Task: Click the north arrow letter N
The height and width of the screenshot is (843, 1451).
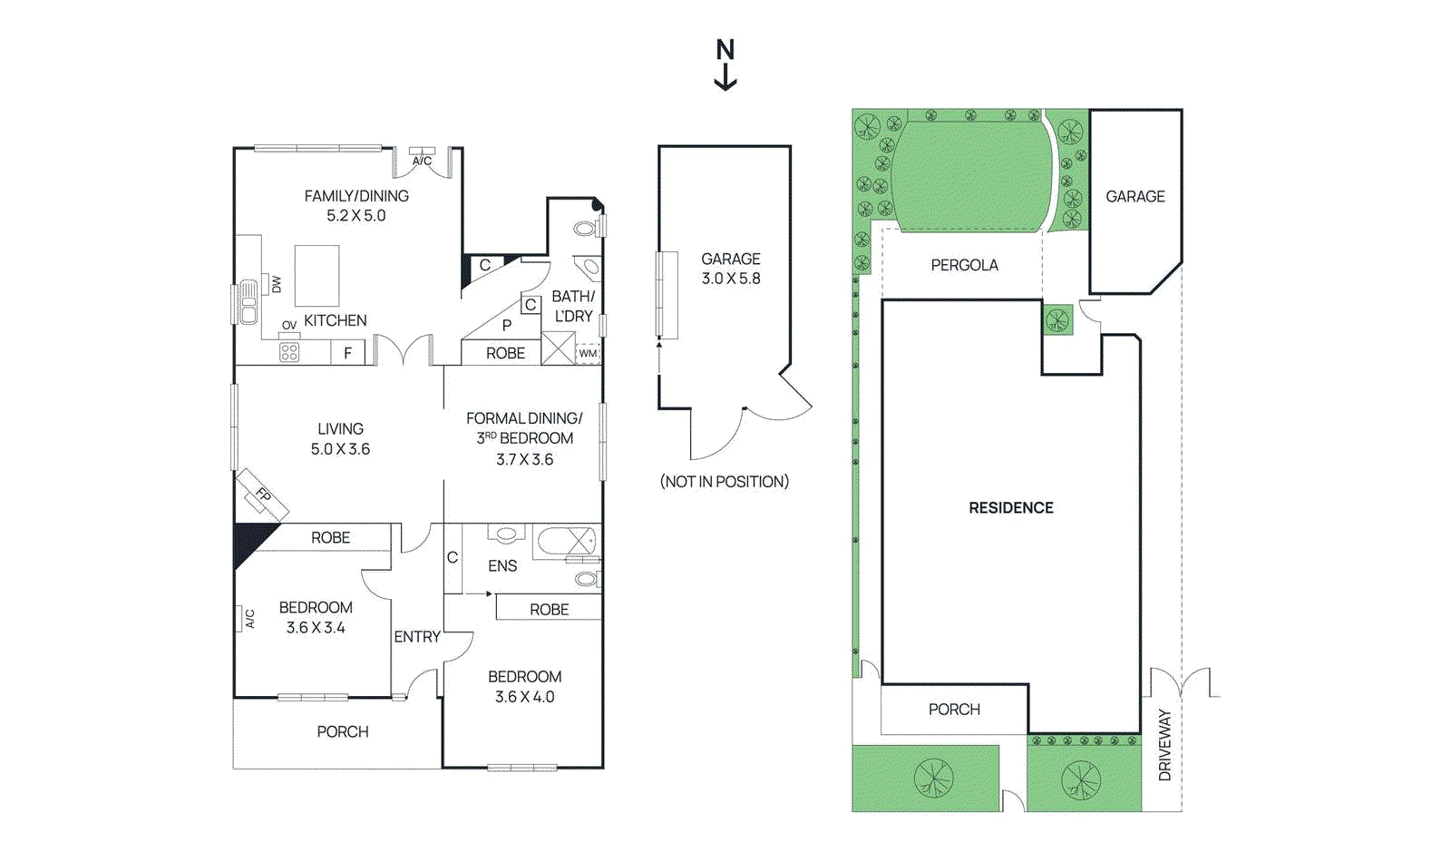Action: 725,50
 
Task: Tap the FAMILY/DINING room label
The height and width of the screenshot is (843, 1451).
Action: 356,196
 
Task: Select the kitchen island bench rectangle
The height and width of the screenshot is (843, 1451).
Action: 316,275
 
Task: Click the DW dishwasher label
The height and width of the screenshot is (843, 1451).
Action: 276,284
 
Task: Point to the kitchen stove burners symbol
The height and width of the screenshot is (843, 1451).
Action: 289,352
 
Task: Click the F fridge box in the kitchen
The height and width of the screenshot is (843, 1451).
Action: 347,353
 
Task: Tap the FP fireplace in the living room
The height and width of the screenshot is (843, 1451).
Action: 262,495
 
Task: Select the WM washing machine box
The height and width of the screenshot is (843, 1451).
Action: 588,353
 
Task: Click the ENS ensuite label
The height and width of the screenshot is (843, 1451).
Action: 502,566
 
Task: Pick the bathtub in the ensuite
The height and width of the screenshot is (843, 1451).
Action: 567,542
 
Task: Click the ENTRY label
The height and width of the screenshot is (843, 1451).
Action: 417,637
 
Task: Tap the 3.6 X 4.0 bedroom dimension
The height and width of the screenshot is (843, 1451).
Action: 524,697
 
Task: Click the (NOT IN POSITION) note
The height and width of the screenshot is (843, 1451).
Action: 724,482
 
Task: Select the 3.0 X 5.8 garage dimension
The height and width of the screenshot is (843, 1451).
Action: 730,279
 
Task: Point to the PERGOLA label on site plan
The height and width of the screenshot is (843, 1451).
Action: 964,265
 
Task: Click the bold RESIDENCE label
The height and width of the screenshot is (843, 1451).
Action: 1010,508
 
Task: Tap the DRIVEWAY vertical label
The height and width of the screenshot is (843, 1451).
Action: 1165,744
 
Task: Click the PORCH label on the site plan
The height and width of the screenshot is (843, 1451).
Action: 954,710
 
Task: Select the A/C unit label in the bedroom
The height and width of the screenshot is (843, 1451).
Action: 249,619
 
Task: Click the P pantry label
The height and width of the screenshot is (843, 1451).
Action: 507,325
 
